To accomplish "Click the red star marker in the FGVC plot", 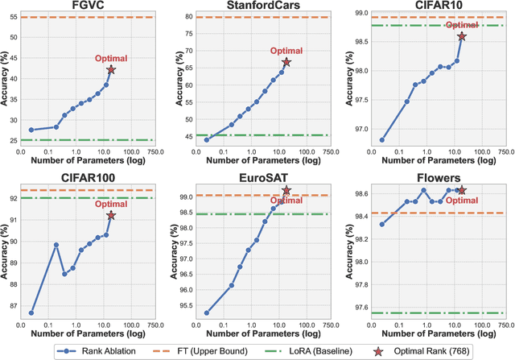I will click(111, 70).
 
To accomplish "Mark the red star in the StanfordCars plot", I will click(286, 62).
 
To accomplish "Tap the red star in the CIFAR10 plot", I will click(462, 36).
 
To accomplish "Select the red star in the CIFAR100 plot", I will click(111, 215).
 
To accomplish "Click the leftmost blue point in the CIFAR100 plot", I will click(31, 312).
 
